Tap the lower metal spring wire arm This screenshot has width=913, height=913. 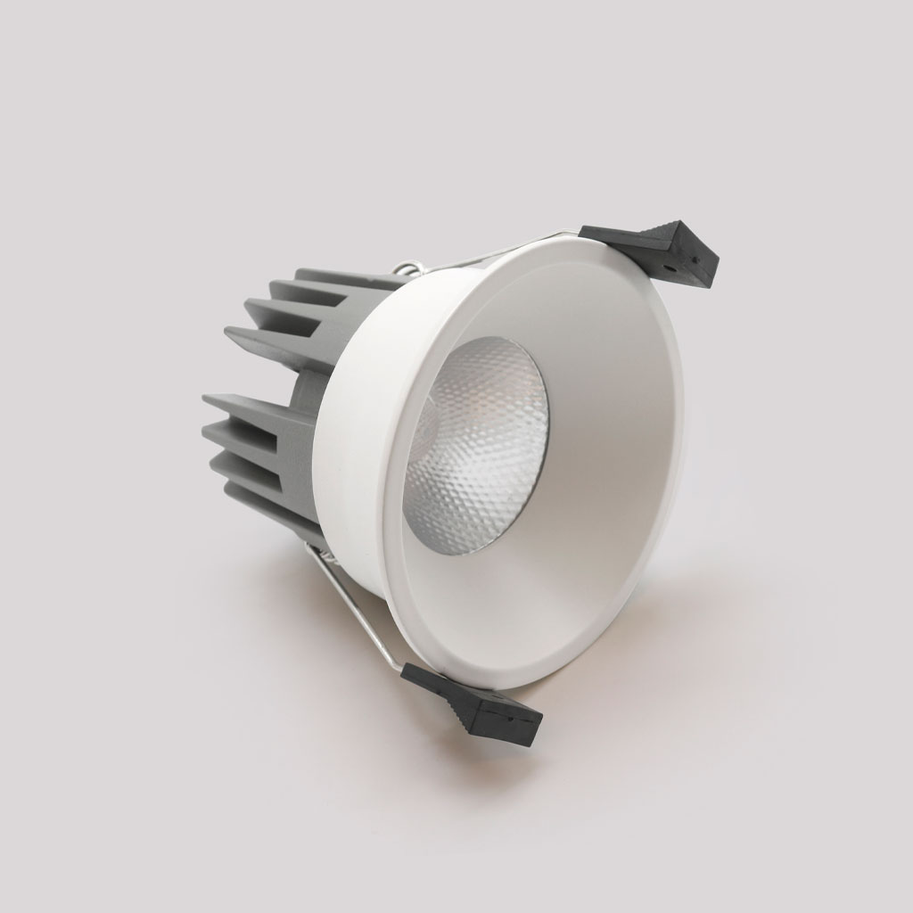coord(357,606)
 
